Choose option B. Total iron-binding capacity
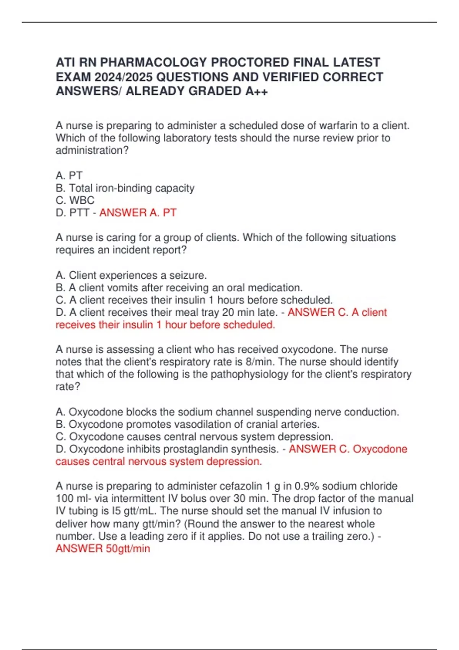click(125, 188)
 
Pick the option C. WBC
click(75, 200)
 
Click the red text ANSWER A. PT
click(138, 213)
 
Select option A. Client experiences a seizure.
click(131, 275)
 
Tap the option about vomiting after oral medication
click(179, 288)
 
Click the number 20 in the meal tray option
click(228, 312)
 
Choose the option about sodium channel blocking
click(227, 412)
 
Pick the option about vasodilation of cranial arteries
click(187, 424)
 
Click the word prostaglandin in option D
click(198, 449)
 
